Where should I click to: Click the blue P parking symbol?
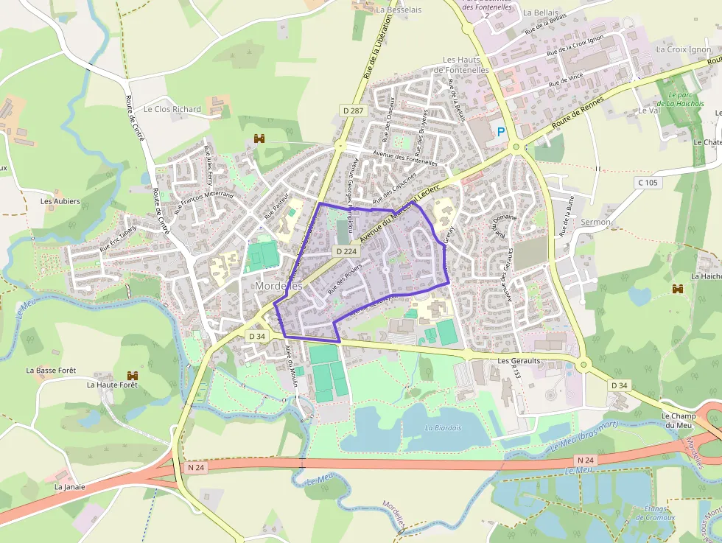coord(502,133)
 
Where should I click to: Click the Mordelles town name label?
coord(278,285)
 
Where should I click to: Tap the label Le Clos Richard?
coord(172,109)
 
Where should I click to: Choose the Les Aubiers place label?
coord(60,201)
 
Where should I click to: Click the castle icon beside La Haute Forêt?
coord(133,376)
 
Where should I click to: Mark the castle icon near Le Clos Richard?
coord(259,138)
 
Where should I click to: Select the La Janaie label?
coord(70,487)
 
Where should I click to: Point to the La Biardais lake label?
coord(442,427)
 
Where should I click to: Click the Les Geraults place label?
coord(519,361)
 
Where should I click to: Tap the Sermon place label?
coord(595,222)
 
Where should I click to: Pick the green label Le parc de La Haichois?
coord(685,99)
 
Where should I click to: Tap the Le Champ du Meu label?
coord(679,421)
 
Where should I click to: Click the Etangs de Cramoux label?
coord(651,513)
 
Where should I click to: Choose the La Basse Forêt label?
coord(52,370)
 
